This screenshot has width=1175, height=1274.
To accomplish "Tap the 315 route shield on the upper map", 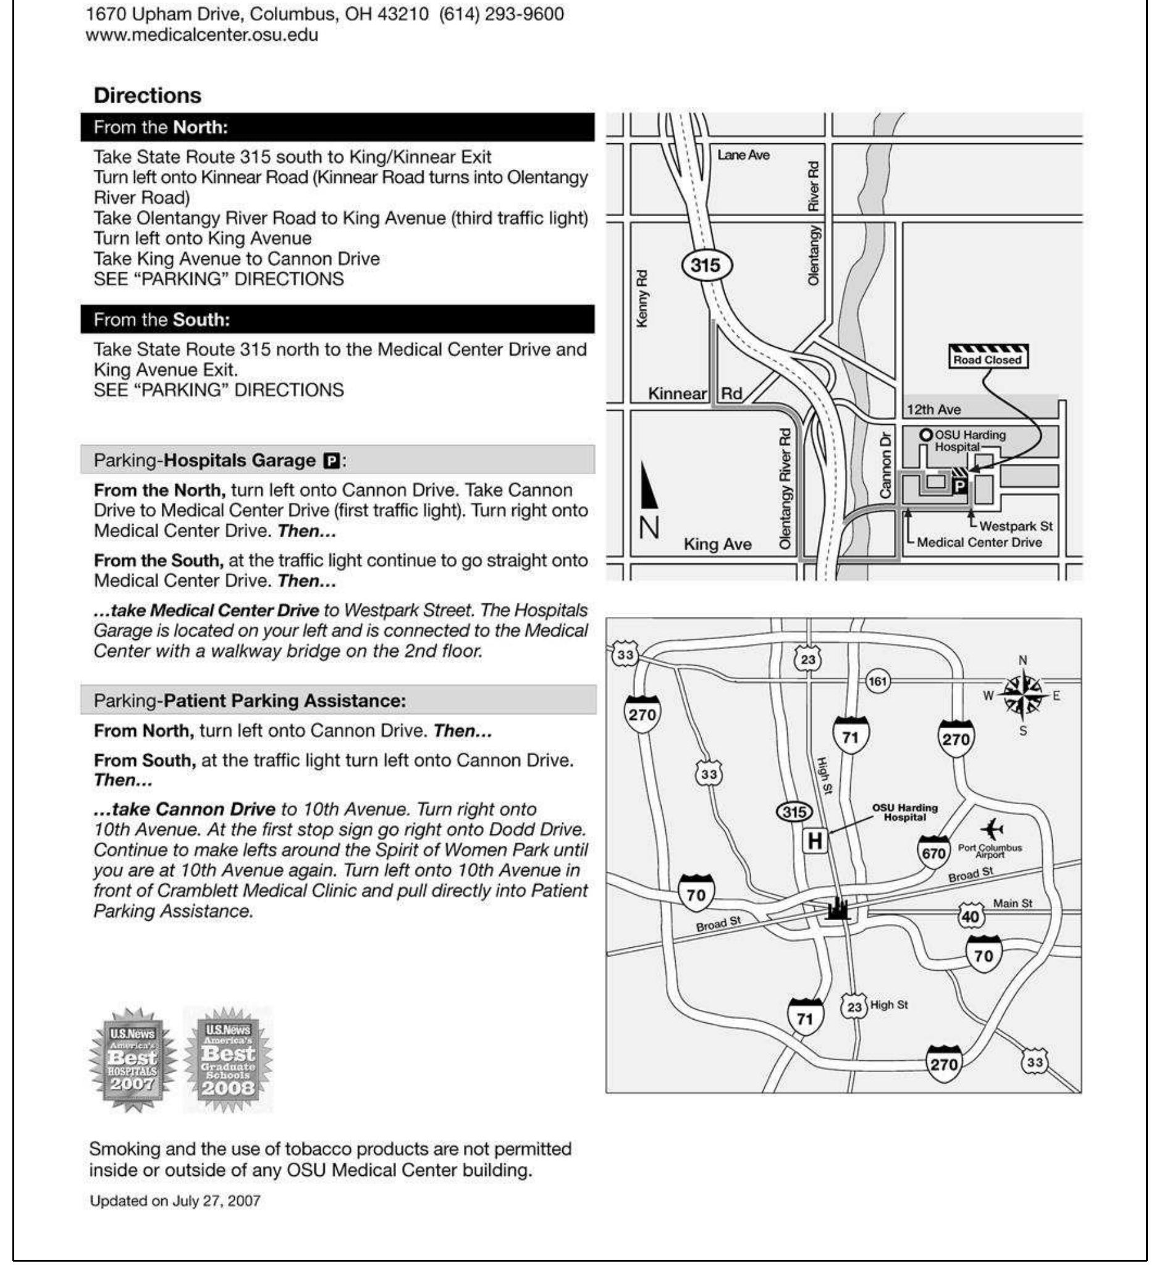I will point(706,265).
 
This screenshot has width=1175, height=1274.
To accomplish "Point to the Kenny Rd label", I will point(642,299).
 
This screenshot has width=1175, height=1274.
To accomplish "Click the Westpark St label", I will point(1016,526).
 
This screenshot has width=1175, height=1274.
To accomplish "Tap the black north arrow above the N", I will point(648,487).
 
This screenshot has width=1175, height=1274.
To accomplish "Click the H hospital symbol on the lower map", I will point(814,841).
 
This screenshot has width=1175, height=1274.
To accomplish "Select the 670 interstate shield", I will point(933,851).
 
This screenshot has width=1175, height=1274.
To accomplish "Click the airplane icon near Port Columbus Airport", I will point(992,829).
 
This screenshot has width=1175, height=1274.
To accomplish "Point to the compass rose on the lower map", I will point(1022,695).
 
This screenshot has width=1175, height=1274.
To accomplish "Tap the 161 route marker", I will point(877,682).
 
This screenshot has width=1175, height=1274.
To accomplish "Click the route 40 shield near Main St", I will point(971,916).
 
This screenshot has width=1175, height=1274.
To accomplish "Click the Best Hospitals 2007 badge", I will point(132,1058).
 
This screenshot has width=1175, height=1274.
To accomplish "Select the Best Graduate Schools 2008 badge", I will point(228,1058).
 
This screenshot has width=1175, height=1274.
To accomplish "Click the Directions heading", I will point(148,95).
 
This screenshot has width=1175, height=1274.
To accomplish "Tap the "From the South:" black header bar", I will point(337,319).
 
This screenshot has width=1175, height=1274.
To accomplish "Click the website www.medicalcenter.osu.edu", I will point(201,35).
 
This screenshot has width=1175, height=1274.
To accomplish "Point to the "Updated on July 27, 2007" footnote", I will point(175,1201).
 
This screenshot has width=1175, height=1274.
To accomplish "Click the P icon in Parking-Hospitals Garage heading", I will point(331,460).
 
